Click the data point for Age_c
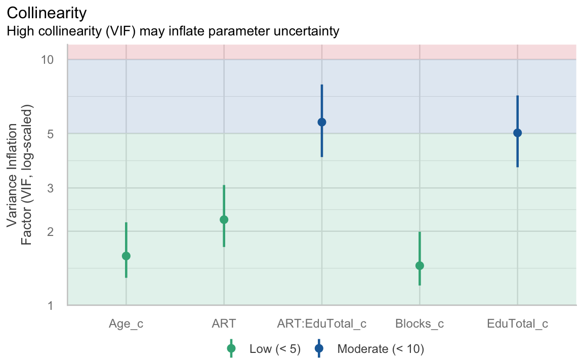[126, 256]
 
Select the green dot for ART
[224, 219]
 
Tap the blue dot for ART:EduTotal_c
[321, 122]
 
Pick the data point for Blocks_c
[420, 266]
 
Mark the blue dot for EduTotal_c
[517, 133]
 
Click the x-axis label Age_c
[126, 324]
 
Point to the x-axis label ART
[224, 324]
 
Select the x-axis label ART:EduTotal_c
[321, 324]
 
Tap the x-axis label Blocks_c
[420, 324]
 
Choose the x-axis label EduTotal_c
[517, 324]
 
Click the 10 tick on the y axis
[47, 59]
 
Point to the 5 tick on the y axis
[50, 134]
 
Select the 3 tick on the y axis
[50, 188]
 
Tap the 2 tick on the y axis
[50, 231]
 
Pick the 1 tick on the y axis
[50, 305]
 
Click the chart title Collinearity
[47, 12]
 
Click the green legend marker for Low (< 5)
[231, 348]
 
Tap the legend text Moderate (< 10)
[380, 348]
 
